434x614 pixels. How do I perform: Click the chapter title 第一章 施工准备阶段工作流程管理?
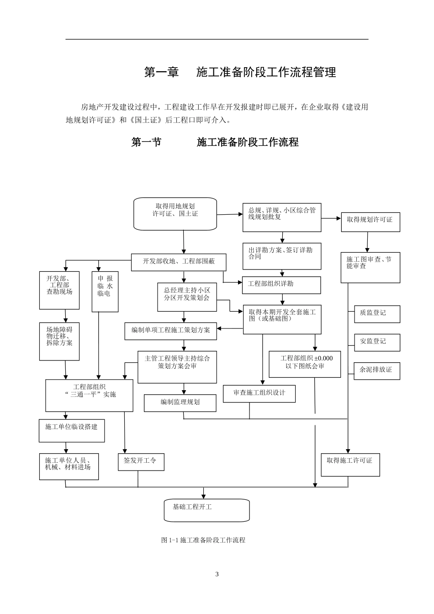[x=240, y=72]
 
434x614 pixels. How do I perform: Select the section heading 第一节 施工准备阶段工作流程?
[x=215, y=142]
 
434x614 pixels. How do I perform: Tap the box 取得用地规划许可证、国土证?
[x=175, y=213]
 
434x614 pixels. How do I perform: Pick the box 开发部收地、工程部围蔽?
[x=179, y=262]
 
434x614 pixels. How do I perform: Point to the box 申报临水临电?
[x=105, y=292]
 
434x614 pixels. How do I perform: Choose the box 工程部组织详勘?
[x=281, y=285]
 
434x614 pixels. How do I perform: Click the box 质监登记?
[x=377, y=314]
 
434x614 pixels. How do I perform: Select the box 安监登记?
[x=377, y=342]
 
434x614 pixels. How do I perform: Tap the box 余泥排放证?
[x=377, y=371]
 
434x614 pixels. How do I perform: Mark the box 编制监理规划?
[x=180, y=403]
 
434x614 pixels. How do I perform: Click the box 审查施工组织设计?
[x=259, y=393]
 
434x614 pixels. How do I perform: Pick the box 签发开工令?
[x=141, y=462]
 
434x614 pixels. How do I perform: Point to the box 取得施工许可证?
[x=350, y=464]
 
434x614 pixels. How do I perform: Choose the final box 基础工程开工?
[x=206, y=510]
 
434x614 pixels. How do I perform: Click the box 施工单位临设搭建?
[x=72, y=430]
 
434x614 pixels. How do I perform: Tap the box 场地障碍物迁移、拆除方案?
[x=59, y=341]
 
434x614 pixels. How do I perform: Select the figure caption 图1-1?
[x=203, y=540]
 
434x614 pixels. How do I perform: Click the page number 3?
[x=217, y=574]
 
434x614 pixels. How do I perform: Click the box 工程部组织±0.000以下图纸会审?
[x=305, y=364]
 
